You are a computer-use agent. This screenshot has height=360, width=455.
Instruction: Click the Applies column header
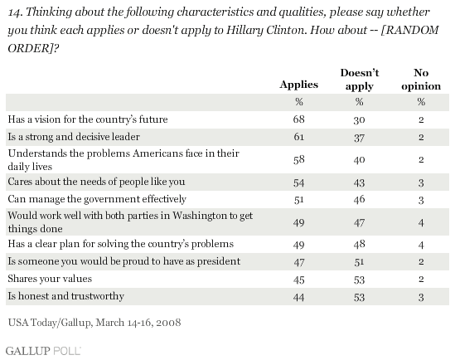pyautogui.click(x=299, y=85)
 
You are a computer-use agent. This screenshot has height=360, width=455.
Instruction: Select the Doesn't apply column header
pyautogui.click(x=360, y=80)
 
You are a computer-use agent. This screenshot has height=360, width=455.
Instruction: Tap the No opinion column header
pyautogui.click(x=421, y=80)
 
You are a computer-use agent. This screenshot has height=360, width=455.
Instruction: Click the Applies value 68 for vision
pyautogui.click(x=299, y=119)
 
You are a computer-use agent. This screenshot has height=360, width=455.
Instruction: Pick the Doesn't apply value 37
pyautogui.click(x=359, y=137)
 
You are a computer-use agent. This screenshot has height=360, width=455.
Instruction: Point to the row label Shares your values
pyautogui.click(x=50, y=279)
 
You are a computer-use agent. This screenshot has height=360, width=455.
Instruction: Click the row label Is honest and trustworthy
pyautogui.click(x=66, y=296)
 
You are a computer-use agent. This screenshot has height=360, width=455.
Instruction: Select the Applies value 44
pyautogui.click(x=299, y=297)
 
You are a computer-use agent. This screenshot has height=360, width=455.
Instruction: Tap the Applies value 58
pyautogui.click(x=299, y=159)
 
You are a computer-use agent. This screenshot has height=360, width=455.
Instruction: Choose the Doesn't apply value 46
pyautogui.click(x=359, y=199)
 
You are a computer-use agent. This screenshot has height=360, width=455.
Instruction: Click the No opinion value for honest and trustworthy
pyautogui.click(x=421, y=297)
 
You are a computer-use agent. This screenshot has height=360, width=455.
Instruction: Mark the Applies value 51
pyautogui.click(x=299, y=200)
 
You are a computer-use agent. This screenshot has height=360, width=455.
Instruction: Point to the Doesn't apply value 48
pyautogui.click(x=359, y=244)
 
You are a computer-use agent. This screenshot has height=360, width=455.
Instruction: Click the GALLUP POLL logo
pyautogui.click(x=43, y=351)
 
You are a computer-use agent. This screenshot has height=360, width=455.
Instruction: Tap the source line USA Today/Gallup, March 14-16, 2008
pyautogui.click(x=94, y=323)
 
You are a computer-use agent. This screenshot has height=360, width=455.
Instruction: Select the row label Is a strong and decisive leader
pyautogui.click(x=74, y=137)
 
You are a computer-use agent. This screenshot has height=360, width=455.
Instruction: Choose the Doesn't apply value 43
pyautogui.click(x=359, y=182)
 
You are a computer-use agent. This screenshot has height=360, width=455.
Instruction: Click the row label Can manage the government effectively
pyautogui.click(x=97, y=199)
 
